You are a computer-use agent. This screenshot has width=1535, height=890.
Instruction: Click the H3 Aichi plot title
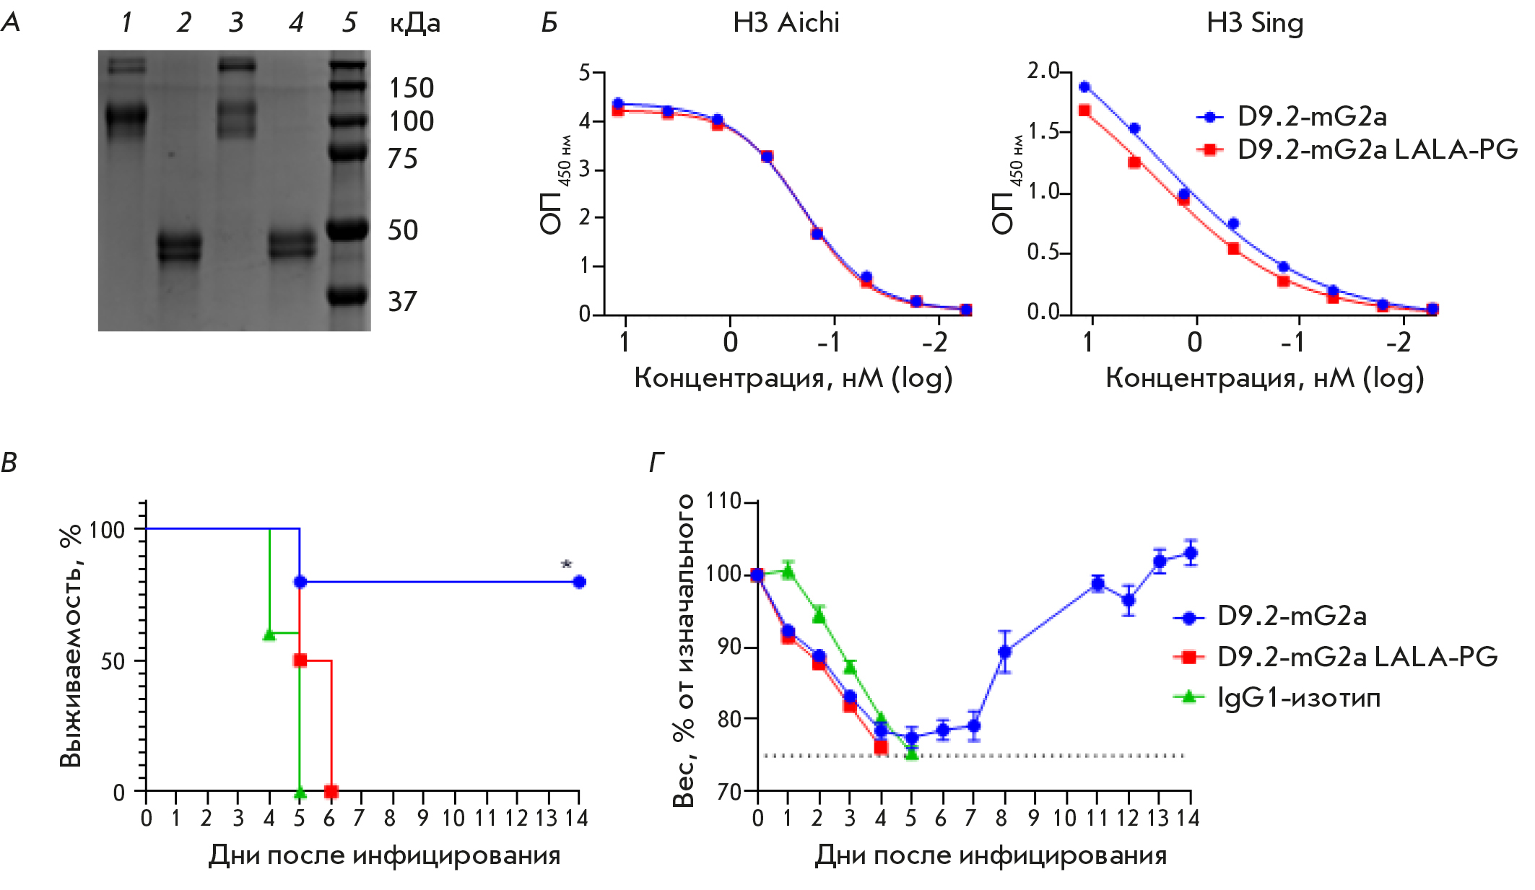coord(786,23)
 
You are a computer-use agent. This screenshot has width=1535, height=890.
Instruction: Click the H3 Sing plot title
coord(1255,23)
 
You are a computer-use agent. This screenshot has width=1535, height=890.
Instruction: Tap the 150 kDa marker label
coord(412,88)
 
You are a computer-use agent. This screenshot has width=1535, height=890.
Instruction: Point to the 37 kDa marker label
coord(402,302)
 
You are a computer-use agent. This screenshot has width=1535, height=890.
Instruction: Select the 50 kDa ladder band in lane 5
coord(349,230)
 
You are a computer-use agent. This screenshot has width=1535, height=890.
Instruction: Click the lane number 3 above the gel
coord(236,23)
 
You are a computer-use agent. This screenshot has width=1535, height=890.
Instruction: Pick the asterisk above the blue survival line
coord(566,565)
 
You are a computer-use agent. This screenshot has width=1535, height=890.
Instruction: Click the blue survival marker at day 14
coord(578,582)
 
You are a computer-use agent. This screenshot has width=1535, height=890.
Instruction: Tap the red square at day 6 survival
coord(331,792)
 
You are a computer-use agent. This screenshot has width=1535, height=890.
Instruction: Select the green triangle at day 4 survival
coord(269,634)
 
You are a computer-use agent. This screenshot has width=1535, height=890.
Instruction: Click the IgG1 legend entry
coord(1297,697)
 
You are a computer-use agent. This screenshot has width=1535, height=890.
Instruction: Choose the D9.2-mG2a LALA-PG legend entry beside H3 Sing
coord(1376,149)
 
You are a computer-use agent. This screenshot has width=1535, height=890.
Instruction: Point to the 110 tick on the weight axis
coord(723,501)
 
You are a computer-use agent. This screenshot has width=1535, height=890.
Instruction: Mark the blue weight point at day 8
coord(1004,651)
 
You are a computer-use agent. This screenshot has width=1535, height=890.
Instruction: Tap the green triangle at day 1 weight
coord(788,572)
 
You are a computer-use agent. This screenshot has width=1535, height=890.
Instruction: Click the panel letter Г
coord(656,462)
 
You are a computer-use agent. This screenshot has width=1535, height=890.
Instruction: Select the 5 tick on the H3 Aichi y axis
coord(585,72)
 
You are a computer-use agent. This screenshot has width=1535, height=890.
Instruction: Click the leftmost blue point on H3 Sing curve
coord(1084,87)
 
